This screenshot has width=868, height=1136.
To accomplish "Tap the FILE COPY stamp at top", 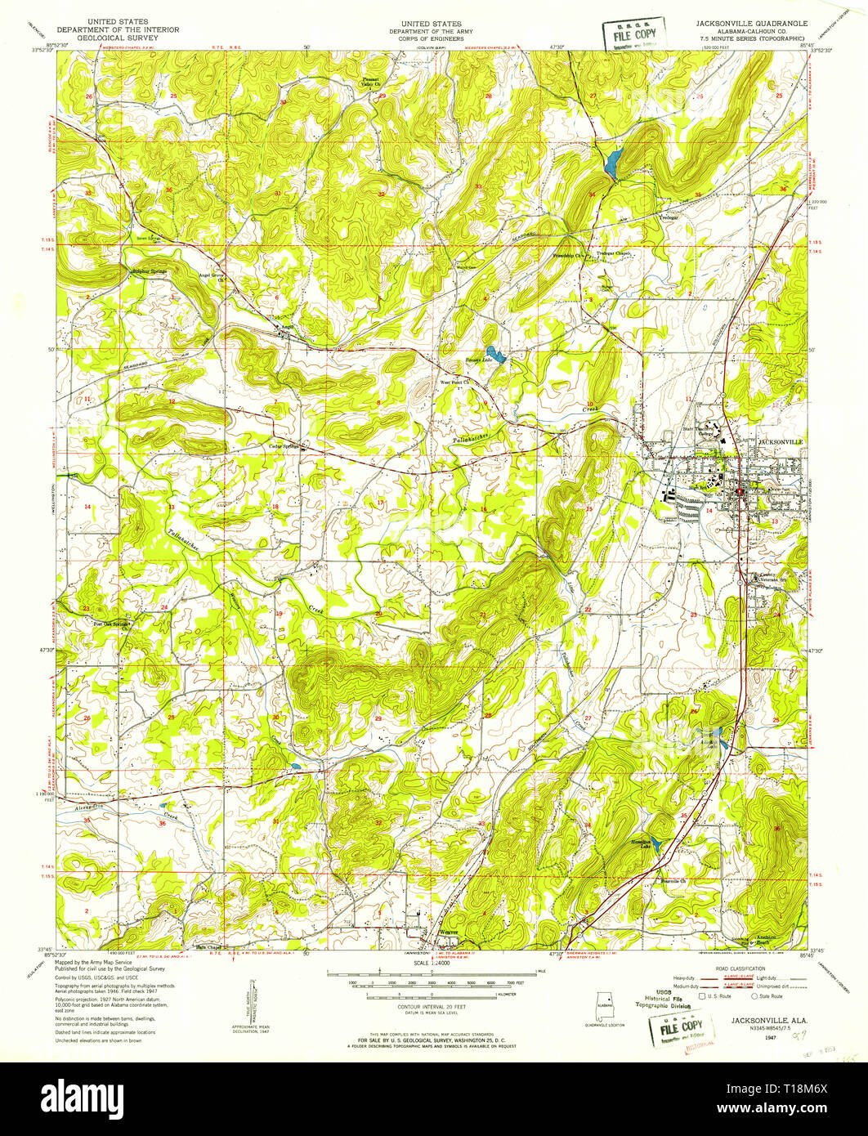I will click(x=633, y=34).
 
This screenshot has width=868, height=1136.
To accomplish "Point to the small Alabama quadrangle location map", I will click(x=606, y=1004).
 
